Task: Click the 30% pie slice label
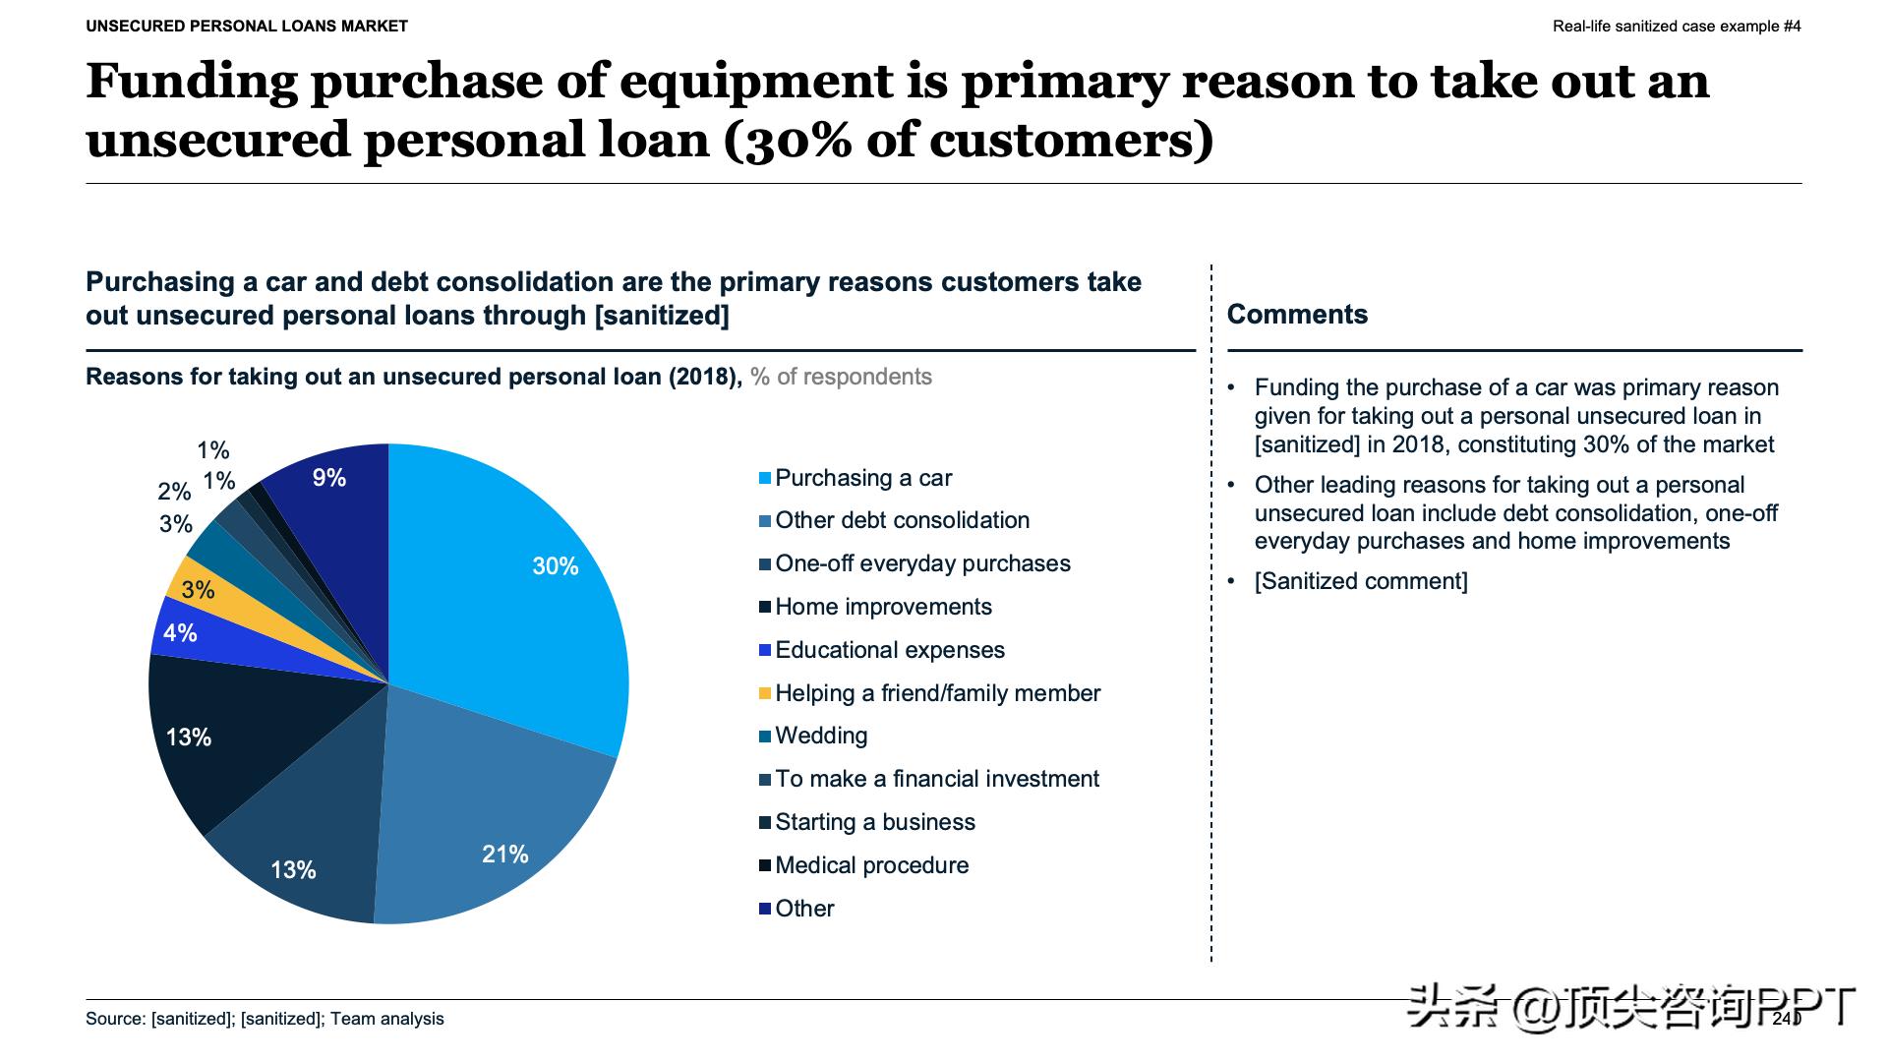pyautogui.click(x=555, y=566)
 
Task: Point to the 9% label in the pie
pyautogui.click(x=328, y=478)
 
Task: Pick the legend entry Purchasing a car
pyautogui.click(x=862, y=478)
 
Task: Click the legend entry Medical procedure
pyautogui.click(x=871, y=865)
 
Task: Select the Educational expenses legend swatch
pyautogui.click(x=764, y=650)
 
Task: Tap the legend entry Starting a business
pyautogui.click(x=874, y=822)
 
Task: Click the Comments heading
pyautogui.click(x=1297, y=315)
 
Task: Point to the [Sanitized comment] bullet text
pyautogui.click(x=1361, y=581)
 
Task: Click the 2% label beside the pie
pyautogui.click(x=174, y=492)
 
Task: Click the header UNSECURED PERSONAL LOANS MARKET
pyautogui.click(x=247, y=27)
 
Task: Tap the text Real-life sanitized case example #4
pyautogui.click(x=1677, y=27)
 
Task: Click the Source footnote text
pyautogui.click(x=265, y=1019)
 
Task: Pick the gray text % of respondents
pyautogui.click(x=841, y=377)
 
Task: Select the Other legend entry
pyautogui.click(x=803, y=909)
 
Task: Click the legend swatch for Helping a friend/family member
pyautogui.click(x=764, y=693)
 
